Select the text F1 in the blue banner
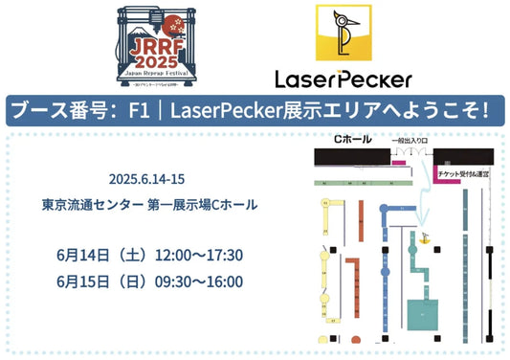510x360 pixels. [144, 110]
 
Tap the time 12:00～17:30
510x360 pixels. [203, 254]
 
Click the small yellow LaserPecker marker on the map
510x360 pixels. [422, 232]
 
